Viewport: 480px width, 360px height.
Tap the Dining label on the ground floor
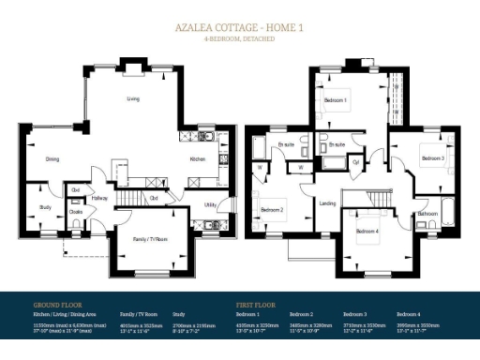pyautogui.click(x=53, y=159)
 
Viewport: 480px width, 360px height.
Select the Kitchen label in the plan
pyautogui.click(x=197, y=159)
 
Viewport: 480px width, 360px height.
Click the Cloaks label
pyautogui.click(x=76, y=210)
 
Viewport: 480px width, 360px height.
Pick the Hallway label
pyautogui.click(x=99, y=198)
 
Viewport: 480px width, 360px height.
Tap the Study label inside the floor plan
pyautogui.click(x=45, y=206)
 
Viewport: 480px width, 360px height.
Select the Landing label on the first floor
pyautogui.click(x=328, y=202)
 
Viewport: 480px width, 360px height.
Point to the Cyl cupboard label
pyautogui.click(x=356, y=162)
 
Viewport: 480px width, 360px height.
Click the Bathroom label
pyautogui.click(x=427, y=214)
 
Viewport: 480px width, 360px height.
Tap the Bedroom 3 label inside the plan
pyautogui.click(x=432, y=158)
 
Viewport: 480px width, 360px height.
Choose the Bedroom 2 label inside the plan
pyautogui.click(x=272, y=210)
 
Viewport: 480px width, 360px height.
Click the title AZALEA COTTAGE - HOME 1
pyautogui.click(x=239, y=27)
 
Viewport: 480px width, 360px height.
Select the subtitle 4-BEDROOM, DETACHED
pyautogui.click(x=239, y=39)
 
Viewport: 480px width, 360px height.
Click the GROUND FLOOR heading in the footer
pyautogui.click(x=59, y=305)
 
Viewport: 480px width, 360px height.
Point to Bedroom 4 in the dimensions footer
pyautogui.click(x=409, y=315)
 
